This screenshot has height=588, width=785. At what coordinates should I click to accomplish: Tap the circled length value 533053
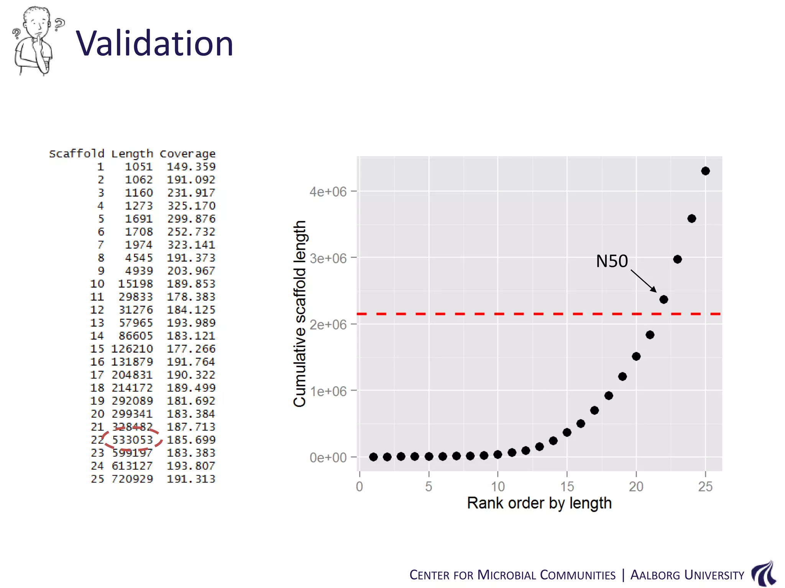pos(132,440)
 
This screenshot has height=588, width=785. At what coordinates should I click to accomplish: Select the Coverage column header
pos(187,154)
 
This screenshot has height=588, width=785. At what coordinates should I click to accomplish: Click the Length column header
pos(132,154)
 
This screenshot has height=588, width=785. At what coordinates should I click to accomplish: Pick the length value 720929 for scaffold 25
pos(132,479)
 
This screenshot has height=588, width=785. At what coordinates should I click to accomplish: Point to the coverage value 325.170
pos(191,206)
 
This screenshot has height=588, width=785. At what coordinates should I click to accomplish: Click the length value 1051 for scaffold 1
pos(139,167)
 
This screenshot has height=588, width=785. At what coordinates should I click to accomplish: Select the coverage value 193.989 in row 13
pos(191,323)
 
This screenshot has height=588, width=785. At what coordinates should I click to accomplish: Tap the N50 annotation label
pos(612,261)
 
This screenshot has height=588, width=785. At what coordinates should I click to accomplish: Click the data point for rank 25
pos(705,171)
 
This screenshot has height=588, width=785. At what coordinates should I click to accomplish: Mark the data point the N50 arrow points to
pos(664,299)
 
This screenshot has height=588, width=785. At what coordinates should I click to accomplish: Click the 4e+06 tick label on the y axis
pos(328,191)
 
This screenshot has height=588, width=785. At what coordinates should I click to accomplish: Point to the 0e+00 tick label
pos(328,458)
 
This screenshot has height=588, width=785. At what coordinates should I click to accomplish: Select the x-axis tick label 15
pos(567,487)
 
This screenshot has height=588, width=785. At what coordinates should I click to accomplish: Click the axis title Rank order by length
pos(539,503)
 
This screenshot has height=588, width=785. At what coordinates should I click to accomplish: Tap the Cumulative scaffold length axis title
pos(300,314)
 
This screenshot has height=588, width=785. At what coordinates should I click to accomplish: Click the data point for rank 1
pos(373,457)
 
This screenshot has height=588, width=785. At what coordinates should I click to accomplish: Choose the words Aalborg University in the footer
pos(687,575)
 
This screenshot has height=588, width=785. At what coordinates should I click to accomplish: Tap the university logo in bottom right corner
pos(764,573)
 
